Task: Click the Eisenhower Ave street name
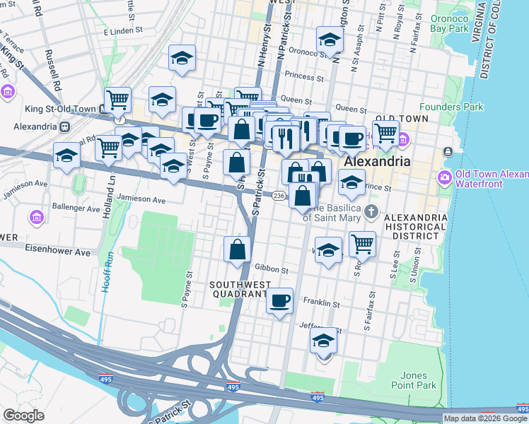pos(59,252)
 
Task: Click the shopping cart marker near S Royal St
pos(362,244)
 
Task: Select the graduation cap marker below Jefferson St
pos(323,341)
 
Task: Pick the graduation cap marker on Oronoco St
pos(330,40)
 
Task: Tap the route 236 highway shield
pos(279,196)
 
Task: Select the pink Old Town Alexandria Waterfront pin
pos(446,175)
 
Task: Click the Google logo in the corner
pos(24,416)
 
